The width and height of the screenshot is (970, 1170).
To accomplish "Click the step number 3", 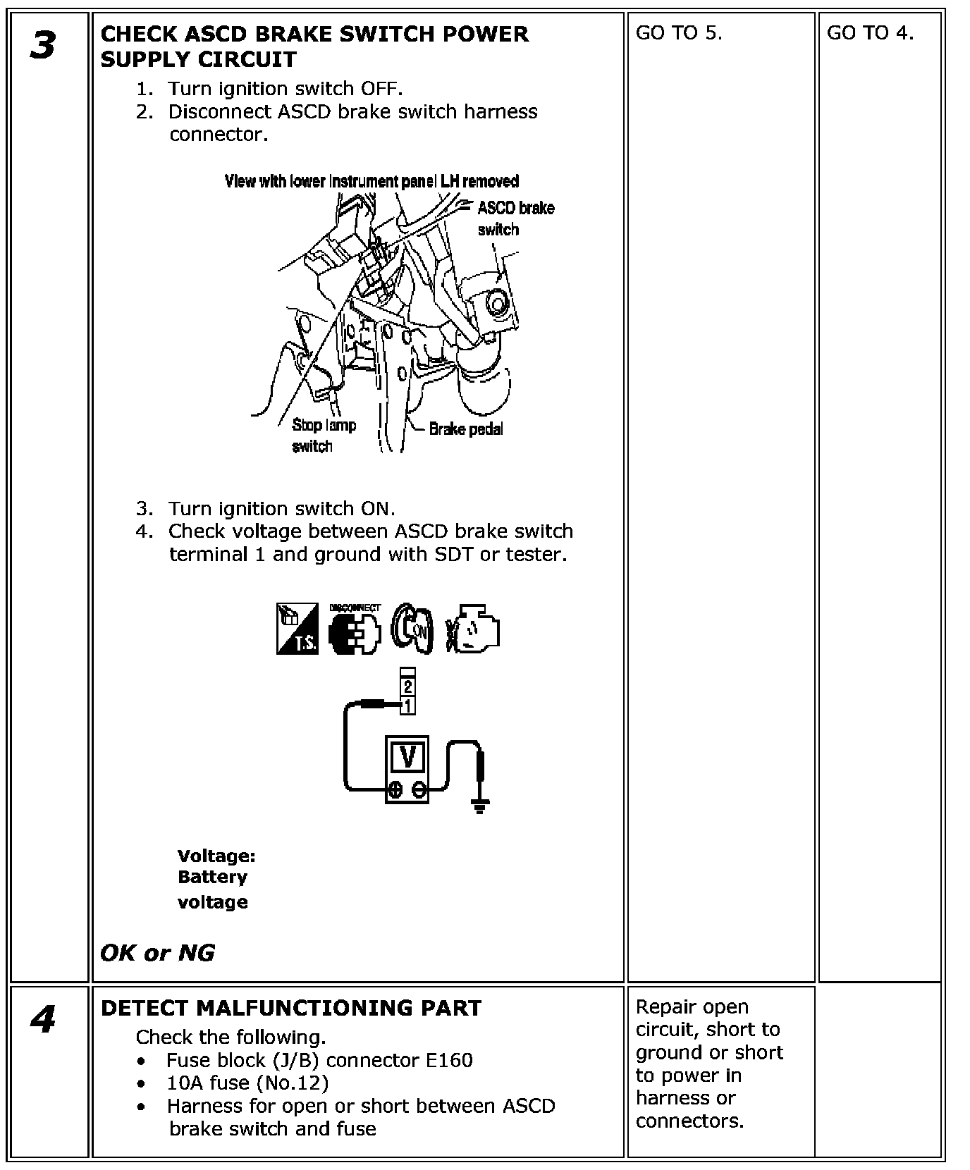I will [43, 47].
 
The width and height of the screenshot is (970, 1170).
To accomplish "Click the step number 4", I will [43, 1019].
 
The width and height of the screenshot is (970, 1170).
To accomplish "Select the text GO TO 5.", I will [679, 33].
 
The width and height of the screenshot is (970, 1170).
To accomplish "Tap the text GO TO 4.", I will [870, 33].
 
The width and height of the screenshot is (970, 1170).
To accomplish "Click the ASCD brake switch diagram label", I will [515, 218].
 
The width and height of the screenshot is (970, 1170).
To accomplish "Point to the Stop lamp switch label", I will [324, 435].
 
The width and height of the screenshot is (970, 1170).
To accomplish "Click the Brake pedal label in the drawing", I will [466, 429].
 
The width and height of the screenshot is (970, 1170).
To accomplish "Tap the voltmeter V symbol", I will [407, 756].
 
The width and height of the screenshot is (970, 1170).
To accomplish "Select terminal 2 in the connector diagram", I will [407, 686].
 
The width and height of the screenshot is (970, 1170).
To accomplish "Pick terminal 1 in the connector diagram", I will [407, 704].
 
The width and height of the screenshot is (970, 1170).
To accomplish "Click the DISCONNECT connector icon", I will [355, 629].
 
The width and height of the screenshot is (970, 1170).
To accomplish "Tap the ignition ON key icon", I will [410, 629].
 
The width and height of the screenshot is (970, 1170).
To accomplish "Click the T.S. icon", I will [297, 629].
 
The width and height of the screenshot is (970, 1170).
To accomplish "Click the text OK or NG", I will [157, 953].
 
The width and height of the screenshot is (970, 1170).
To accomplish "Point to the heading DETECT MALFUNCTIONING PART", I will [290, 1008].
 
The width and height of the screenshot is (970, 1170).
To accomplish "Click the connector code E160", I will [447, 1060].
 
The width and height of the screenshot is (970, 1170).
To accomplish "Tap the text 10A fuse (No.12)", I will [247, 1083].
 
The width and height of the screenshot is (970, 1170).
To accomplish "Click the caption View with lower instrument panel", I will [372, 181].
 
